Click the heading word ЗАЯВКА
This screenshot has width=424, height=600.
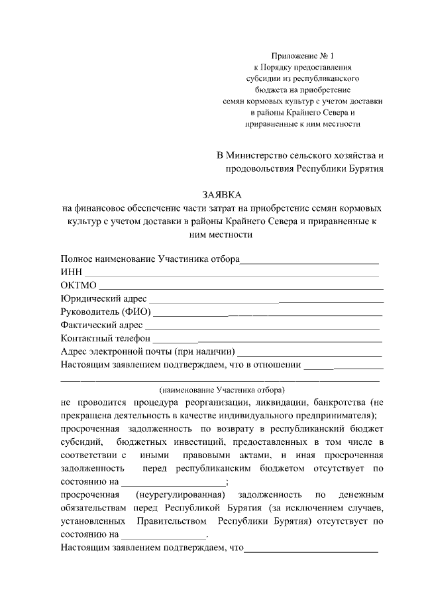(222, 194)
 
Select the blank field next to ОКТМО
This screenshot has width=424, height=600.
(240, 286)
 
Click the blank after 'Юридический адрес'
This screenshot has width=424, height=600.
(265, 300)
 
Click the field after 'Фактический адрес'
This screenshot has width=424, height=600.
(262, 326)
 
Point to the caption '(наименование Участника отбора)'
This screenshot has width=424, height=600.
(221, 390)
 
